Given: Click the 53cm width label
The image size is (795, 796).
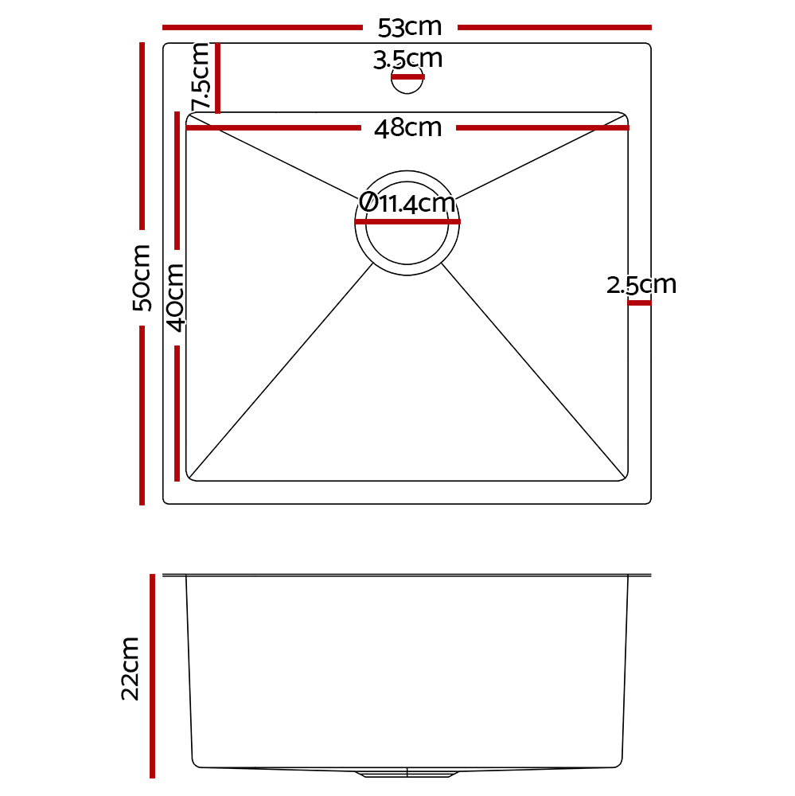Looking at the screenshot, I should tap(409, 28).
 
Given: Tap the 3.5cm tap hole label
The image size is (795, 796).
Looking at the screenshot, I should tap(407, 59).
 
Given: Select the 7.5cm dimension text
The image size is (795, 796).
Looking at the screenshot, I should tap(201, 77).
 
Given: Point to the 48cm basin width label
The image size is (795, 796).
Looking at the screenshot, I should tap(407, 128).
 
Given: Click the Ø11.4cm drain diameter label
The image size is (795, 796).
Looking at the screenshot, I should tap(407, 204).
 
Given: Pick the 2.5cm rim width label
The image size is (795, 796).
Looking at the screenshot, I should tap(641, 285).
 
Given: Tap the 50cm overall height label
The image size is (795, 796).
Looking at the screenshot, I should tap(142, 278).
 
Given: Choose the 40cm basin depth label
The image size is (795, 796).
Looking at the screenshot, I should tap(176, 297).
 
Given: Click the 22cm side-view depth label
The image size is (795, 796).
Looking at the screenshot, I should tap(131, 669).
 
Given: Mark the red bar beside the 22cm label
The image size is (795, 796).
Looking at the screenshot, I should tap(151, 675).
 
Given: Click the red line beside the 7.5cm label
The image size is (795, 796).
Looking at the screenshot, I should tap(217, 78).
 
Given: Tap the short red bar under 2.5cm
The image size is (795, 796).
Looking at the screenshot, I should tap(639, 302).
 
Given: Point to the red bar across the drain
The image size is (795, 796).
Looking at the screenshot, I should tap(407, 223).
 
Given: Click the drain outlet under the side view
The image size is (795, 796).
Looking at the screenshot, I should tap(407, 772).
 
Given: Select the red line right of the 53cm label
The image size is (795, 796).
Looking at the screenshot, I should tap(554, 28).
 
